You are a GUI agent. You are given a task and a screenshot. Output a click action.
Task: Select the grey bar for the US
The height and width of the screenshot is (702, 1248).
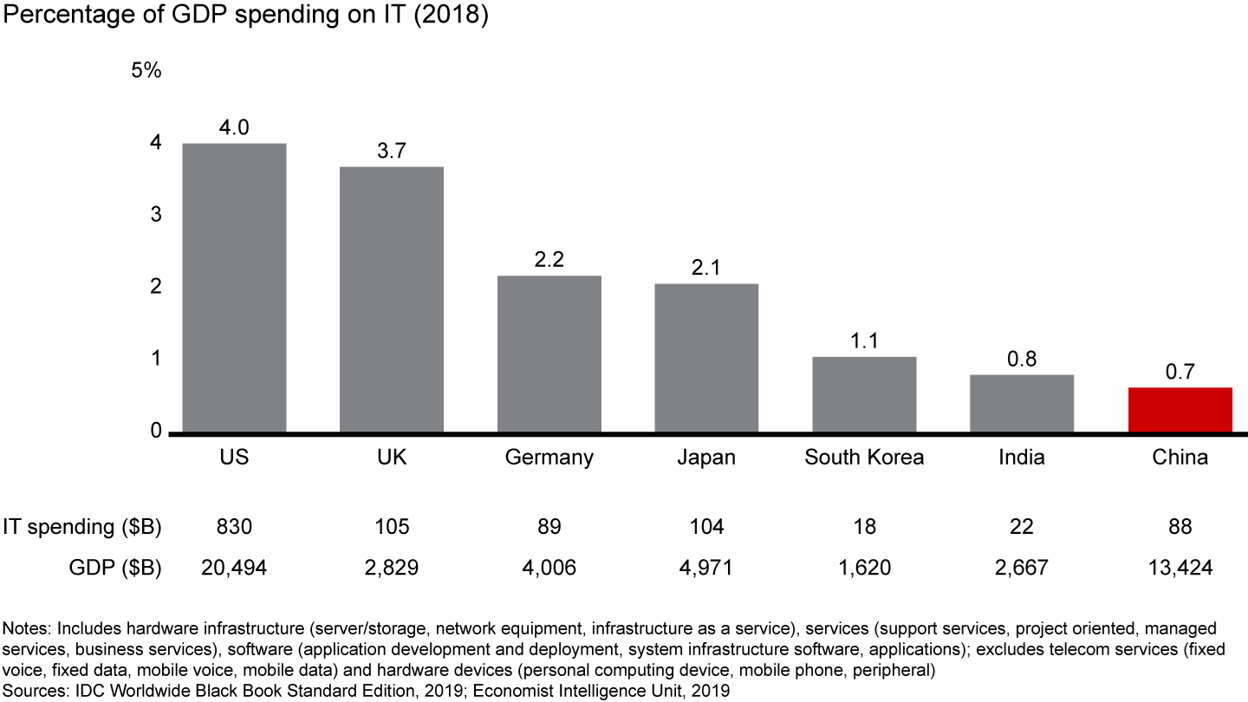tap(234, 288)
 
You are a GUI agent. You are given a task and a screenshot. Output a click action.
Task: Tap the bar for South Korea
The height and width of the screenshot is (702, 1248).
tap(864, 394)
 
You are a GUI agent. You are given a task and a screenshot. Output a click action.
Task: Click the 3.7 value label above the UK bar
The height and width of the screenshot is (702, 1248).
tap(392, 151)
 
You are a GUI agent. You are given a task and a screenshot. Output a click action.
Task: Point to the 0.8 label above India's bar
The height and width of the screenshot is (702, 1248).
tap(1022, 359)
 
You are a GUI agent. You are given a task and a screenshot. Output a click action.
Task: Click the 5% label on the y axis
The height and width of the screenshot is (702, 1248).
tap(146, 71)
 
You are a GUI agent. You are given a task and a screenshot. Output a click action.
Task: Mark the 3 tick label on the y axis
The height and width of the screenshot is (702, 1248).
tap(156, 214)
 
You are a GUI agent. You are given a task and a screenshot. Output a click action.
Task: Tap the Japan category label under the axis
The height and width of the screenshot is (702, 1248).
tap(706, 458)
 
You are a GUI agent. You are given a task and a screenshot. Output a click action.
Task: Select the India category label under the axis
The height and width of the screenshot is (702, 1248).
tap(1022, 458)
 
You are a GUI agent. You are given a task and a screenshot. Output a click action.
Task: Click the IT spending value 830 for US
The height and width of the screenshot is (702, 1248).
tap(234, 527)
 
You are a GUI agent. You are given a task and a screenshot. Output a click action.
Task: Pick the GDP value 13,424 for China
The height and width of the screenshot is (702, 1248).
tap(1180, 568)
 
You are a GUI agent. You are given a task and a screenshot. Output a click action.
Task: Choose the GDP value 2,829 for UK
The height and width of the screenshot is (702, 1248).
tap(392, 568)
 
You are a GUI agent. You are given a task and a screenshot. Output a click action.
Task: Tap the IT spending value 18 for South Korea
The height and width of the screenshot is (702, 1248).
tap(864, 527)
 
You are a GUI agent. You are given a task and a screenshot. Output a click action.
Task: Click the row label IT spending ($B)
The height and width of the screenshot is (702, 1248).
tap(82, 527)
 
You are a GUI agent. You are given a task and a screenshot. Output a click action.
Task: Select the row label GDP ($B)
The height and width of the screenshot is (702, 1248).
tap(115, 568)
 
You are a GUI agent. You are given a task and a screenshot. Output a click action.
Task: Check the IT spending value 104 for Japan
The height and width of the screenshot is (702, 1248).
tap(706, 527)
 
